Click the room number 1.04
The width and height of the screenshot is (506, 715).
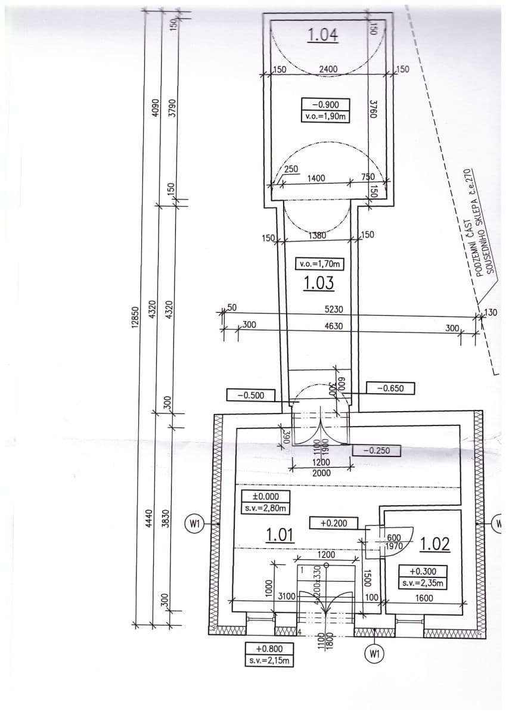point(323,36)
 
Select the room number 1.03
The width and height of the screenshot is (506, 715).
point(318,282)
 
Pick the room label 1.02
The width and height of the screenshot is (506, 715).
point(439,544)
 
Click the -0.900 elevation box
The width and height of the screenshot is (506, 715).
point(325,110)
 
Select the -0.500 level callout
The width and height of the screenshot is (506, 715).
point(250,395)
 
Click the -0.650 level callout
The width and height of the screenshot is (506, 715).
point(390,388)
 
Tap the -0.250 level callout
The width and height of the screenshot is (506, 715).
point(376,450)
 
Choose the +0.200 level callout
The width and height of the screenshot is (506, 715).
point(334,523)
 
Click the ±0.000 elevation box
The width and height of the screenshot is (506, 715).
point(263,502)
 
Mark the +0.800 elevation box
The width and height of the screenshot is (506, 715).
point(269,654)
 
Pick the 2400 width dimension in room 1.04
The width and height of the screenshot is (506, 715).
point(328,70)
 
